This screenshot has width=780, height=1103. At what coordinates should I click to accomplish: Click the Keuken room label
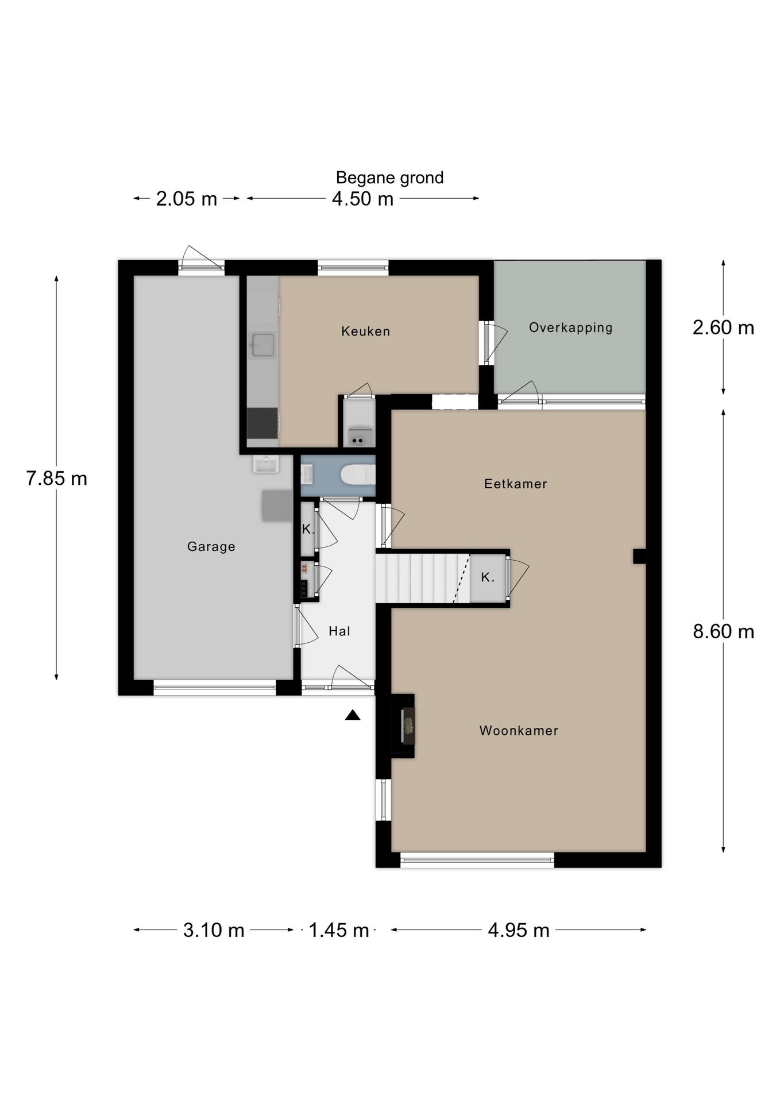(365, 331)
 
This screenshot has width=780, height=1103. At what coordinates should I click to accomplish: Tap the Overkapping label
(570, 327)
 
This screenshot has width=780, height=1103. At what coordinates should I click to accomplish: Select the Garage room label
(211, 546)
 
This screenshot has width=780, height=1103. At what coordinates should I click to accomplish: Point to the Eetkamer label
(515, 484)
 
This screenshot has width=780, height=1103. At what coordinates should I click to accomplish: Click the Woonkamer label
(519, 731)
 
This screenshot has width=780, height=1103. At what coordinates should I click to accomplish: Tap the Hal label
(339, 631)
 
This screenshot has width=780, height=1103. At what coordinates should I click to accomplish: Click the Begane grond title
(389, 178)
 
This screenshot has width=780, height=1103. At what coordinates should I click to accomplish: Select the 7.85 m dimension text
(56, 478)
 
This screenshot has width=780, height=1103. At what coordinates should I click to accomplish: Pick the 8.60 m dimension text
(723, 631)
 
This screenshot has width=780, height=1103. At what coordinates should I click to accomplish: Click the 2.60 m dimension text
(723, 327)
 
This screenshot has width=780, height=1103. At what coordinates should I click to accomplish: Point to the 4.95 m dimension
(519, 930)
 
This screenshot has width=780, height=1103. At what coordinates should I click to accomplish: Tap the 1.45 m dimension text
(339, 930)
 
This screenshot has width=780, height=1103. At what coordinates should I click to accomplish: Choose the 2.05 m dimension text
(187, 199)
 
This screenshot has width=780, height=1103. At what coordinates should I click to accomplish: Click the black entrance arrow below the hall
(353, 715)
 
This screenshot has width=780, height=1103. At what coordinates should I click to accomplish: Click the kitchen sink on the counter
(262, 345)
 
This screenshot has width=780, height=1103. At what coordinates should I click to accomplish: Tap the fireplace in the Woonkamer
(403, 726)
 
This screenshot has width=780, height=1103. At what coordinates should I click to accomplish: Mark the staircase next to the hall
(423, 578)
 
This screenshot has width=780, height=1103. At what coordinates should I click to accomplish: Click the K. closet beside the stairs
(488, 578)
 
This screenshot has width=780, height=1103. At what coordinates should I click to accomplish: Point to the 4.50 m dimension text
(363, 199)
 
